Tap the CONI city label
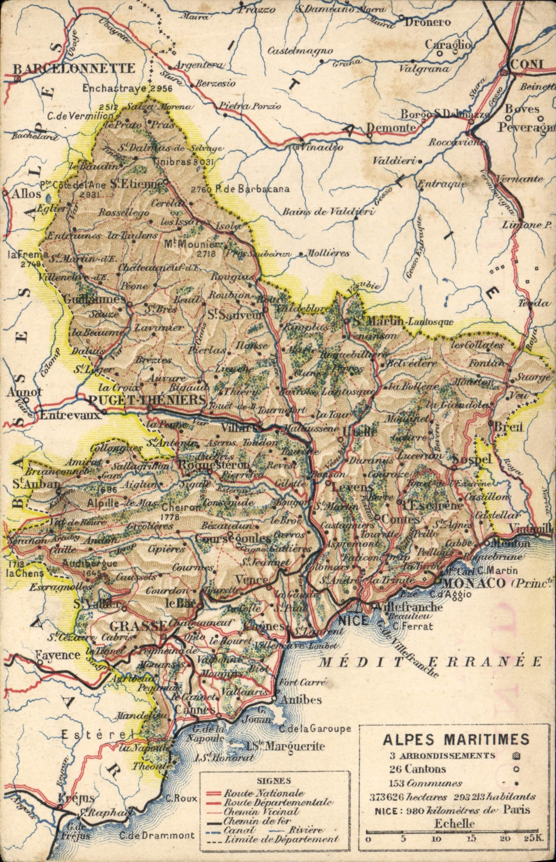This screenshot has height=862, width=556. pos(527,64)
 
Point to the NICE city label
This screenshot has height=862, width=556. pos(354,620)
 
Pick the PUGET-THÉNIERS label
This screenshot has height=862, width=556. pos(147,400)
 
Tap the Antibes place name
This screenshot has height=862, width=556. pos(301,699)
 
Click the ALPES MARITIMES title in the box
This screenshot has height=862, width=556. pos(456,739)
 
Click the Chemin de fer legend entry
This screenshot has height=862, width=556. pos(256,821)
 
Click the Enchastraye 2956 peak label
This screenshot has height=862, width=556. pos(127,88)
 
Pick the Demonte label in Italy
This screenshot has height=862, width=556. pos(391,128)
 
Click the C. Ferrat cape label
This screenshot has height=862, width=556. pos(413,626)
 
